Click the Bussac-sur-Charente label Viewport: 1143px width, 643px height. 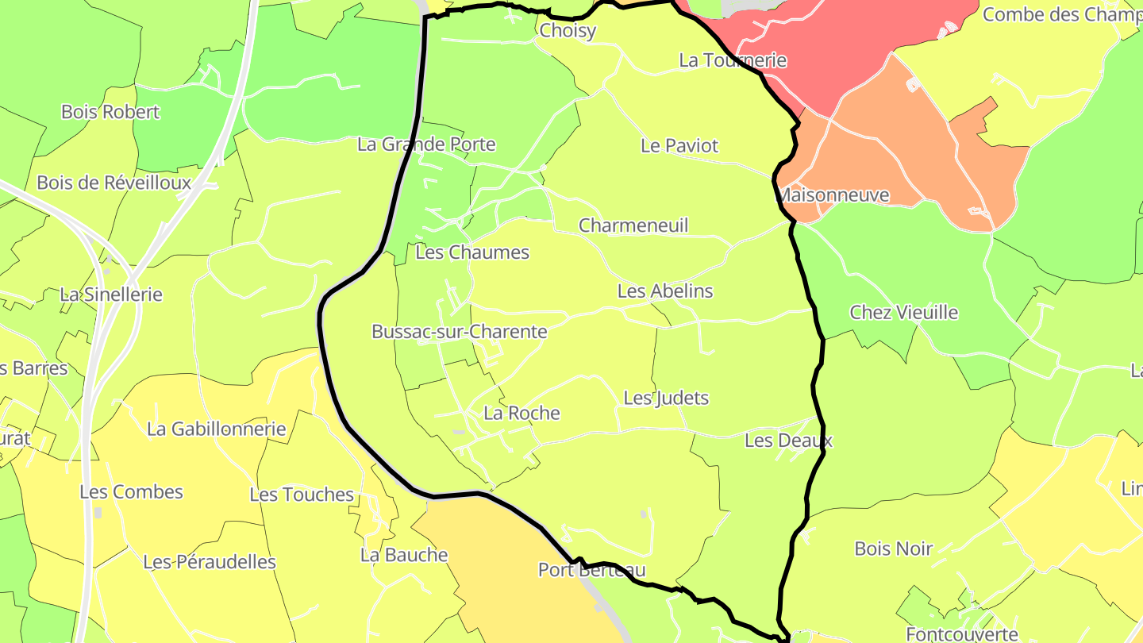(459, 332)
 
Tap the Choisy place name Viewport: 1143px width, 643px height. (567, 31)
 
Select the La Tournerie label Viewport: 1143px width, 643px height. (733, 60)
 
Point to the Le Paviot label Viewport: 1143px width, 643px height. (679, 146)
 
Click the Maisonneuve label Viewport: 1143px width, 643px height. (833, 195)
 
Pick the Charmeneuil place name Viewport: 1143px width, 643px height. (633, 225)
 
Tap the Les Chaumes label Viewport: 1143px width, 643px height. (471, 252)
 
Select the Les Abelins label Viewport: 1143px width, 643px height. (665, 291)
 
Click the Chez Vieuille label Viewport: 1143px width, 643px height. (903, 313)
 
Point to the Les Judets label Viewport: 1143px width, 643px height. (665, 399)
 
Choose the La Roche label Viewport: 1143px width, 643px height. (521, 414)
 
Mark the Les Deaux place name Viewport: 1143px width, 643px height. (788, 441)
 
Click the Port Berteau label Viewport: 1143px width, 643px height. (591, 570)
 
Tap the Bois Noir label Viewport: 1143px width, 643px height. (893, 549)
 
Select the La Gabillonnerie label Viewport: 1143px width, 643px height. (216, 429)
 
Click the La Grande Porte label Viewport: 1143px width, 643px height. (426, 144)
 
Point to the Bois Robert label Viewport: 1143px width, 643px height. (110, 112)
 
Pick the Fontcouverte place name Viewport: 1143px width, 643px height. (962, 634)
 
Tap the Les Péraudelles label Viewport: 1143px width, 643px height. (210, 562)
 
